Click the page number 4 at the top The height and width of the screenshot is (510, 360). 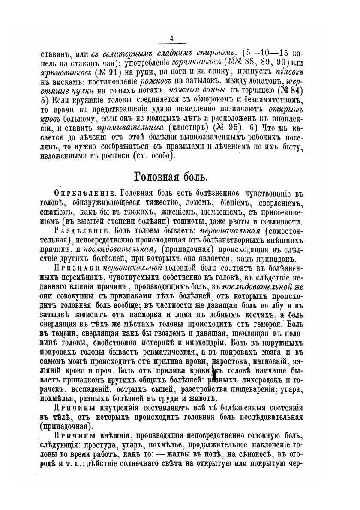coord(171,39)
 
